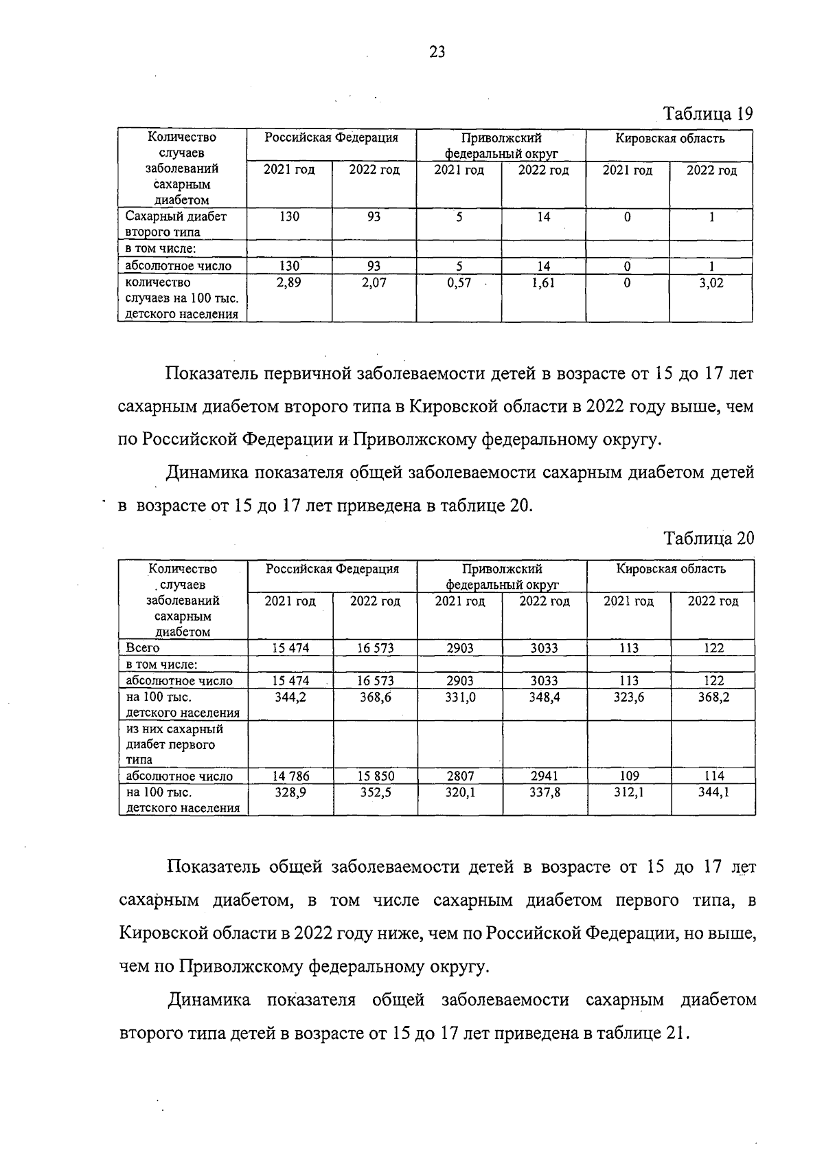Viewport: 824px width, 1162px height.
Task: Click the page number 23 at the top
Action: tap(437, 52)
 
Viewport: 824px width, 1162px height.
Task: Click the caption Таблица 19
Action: tap(707, 113)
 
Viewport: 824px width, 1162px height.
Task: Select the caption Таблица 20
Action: tap(709, 538)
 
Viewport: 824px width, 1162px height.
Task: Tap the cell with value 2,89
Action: tap(289, 282)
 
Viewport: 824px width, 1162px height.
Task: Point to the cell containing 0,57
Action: tap(459, 282)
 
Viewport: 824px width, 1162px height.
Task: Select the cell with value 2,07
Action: tap(374, 282)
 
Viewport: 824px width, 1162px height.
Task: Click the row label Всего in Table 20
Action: tap(143, 647)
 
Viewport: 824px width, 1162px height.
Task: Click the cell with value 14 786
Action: tap(290, 776)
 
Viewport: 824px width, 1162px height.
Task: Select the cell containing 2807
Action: tap(459, 776)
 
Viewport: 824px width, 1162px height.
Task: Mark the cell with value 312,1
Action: tap(628, 792)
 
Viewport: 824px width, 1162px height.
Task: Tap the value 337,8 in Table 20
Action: tap(544, 792)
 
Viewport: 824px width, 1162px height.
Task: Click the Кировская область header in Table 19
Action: tap(669, 138)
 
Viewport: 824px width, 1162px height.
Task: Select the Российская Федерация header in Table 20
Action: tap(332, 569)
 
